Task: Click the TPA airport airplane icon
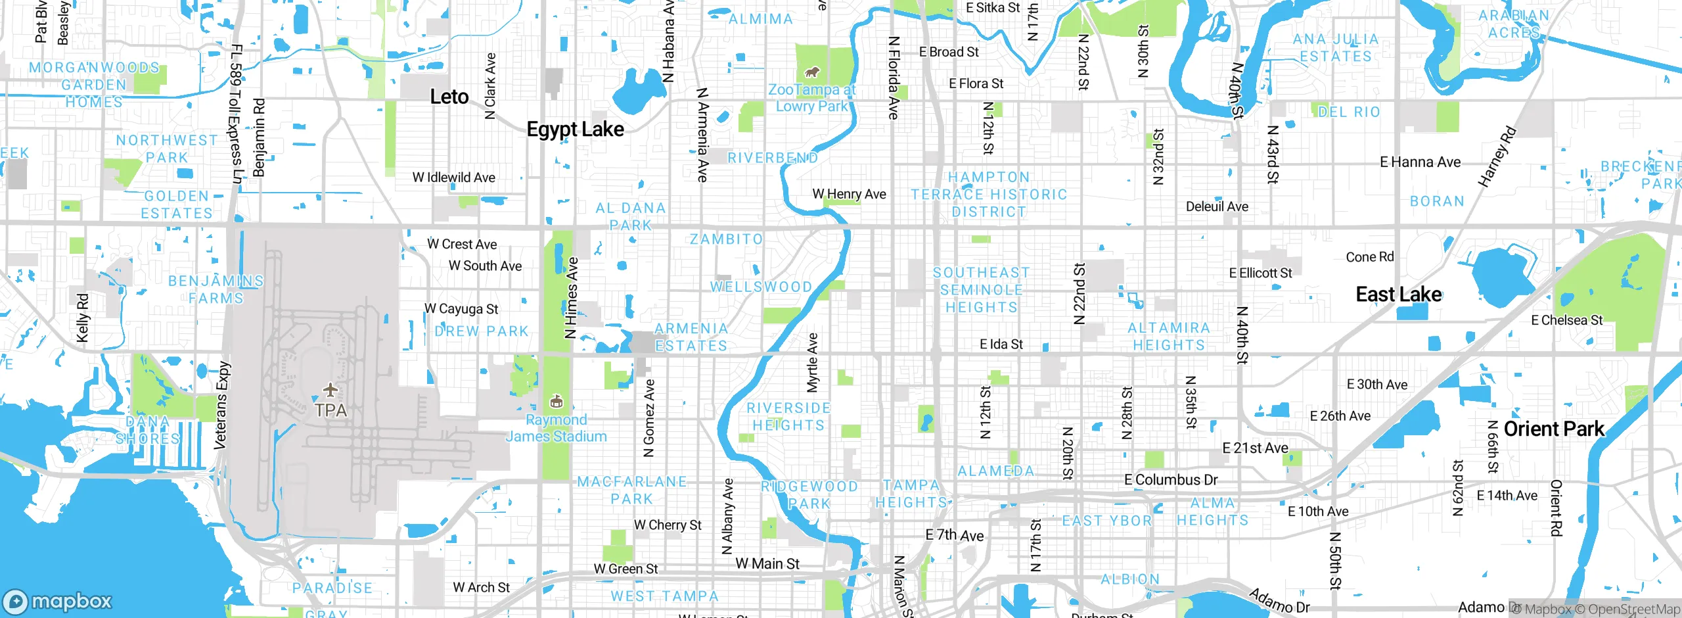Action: (x=330, y=390)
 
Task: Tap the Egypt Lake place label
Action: (x=575, y=130)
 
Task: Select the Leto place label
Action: (x=449, y=97)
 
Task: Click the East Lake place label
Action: (x=1399, y=295)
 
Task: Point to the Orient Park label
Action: (x=1554, y=429)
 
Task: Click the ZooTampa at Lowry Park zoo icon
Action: (x=812, y=72)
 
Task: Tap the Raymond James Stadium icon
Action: (x=556, y=401)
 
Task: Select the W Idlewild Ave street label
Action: (x=453, y=178)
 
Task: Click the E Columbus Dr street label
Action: (x=1171, y=480)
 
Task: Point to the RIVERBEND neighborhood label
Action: (x=772, y=158)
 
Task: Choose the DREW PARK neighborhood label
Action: (x=482, y=331)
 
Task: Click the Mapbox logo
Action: (x=58, y=601)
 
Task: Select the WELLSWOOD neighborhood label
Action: (x=761, y=287)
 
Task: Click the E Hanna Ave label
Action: (x=1420, y=162)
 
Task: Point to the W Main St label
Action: (x=767, y=564)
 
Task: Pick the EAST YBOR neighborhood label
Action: (x=1107, y=521)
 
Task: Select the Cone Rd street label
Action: (x=1369, y=257)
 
